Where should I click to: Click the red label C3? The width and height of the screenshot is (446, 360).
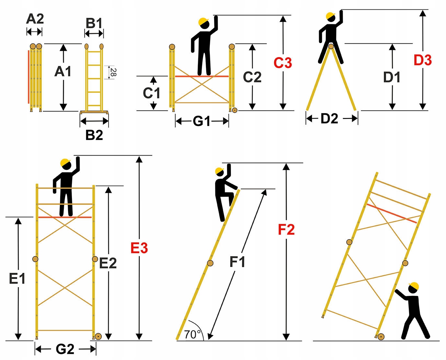(282, 63)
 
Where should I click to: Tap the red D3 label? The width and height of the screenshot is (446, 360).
(422, 61)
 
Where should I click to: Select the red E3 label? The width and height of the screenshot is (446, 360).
(139, 248)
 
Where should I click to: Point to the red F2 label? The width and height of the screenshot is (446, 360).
(286, 230)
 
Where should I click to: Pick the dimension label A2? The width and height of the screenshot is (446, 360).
(35, 19)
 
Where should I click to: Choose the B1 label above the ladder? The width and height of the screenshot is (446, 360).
(94, 23)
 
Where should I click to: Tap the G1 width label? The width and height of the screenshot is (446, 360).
(202, 122)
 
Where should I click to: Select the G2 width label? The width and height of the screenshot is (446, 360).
(65, 349)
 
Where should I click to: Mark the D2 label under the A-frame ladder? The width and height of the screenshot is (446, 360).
(329, 119)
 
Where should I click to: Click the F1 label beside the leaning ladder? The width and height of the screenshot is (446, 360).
(237, 262)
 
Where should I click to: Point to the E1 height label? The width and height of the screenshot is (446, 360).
(17, 278)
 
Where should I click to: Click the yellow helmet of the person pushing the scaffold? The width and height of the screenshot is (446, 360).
(414, 286)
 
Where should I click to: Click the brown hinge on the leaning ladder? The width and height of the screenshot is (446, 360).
(210, 263)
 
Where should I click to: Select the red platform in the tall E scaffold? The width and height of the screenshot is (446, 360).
(65, 217)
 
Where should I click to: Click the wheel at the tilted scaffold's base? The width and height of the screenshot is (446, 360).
(381, 337)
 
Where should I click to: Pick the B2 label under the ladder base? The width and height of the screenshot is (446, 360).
(94, 135)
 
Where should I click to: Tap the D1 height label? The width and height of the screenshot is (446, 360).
(392, 77)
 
